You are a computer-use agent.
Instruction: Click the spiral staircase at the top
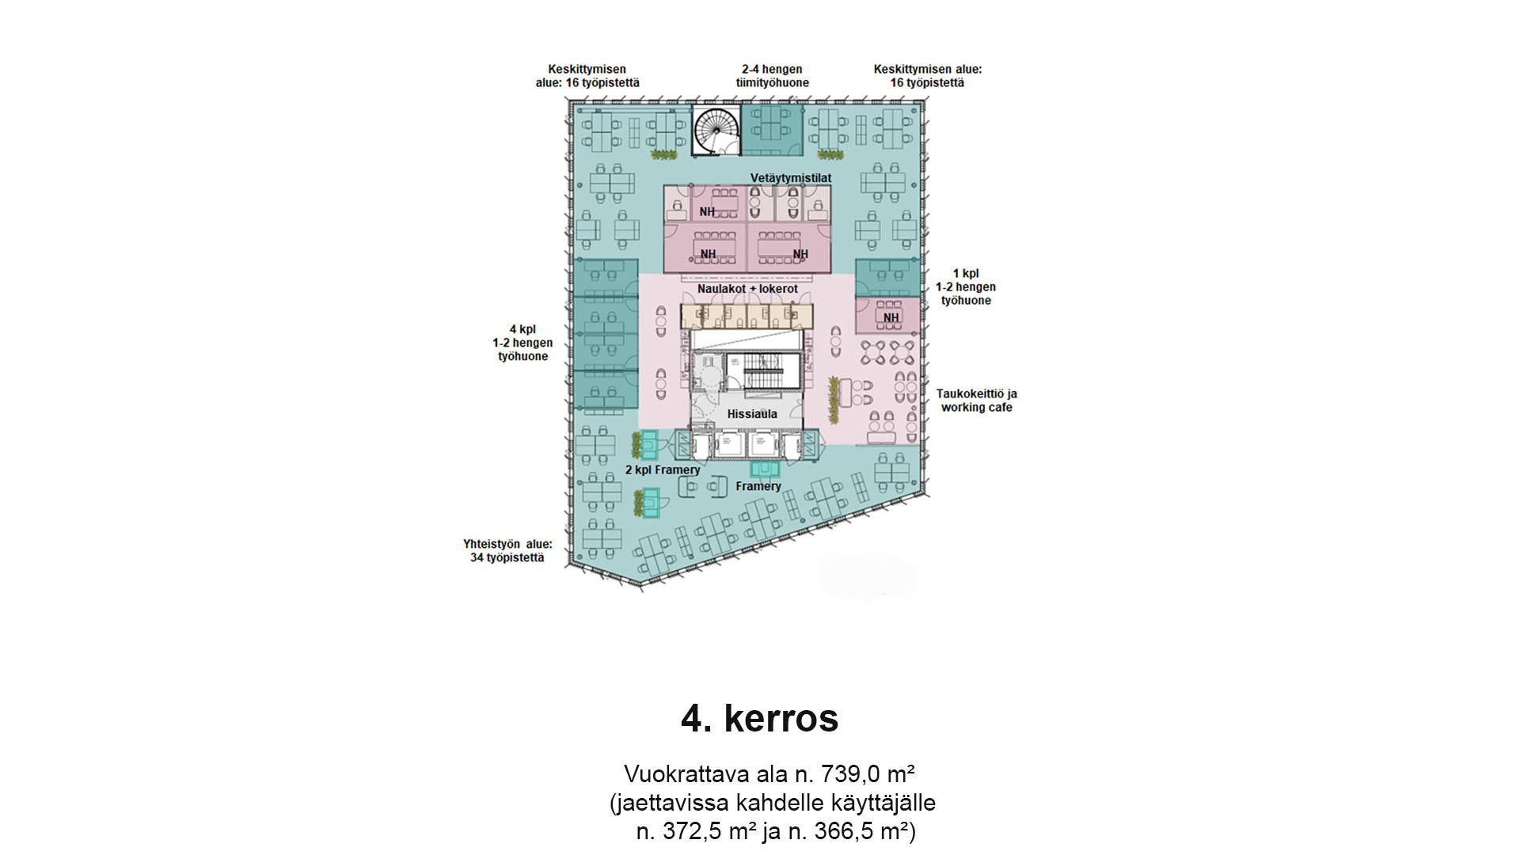tap(716, 130)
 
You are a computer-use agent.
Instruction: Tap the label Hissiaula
tap(752, 414)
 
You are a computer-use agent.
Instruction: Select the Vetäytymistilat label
tap(791, 178)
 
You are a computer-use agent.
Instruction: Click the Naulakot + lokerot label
tap(747, 289)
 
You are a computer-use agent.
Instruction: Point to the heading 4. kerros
tap(759, 718)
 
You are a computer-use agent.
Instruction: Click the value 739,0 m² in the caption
tap(868, 773)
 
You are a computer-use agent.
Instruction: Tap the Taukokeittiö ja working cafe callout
tap(976, 401)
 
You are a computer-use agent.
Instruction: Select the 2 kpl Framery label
tap(663, 469)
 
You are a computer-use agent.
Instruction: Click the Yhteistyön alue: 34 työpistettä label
tap(507, 551)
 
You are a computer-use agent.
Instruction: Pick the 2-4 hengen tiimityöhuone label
tap(772, 76)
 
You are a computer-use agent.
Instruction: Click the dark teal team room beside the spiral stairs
tap(772, 130)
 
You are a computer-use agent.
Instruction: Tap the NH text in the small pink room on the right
tap(891, 317)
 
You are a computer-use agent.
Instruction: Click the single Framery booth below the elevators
tap(765, 469)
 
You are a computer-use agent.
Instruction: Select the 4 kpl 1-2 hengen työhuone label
tap(522, 343)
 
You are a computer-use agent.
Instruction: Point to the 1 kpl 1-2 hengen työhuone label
tap(966, 287)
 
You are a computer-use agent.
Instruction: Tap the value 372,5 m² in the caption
tap(697, 831)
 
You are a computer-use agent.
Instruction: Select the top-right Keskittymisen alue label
tap(928, 76)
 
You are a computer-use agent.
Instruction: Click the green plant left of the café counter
tap(834, 399)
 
